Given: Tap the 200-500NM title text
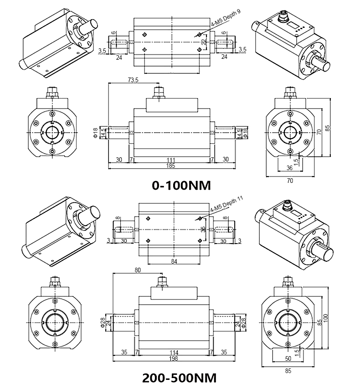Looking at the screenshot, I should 179,378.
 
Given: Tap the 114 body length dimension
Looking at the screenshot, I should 173,353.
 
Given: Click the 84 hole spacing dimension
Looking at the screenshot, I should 174,261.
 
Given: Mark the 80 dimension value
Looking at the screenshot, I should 138,270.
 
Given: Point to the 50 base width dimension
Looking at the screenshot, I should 288,359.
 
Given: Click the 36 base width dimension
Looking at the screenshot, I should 289,167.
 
